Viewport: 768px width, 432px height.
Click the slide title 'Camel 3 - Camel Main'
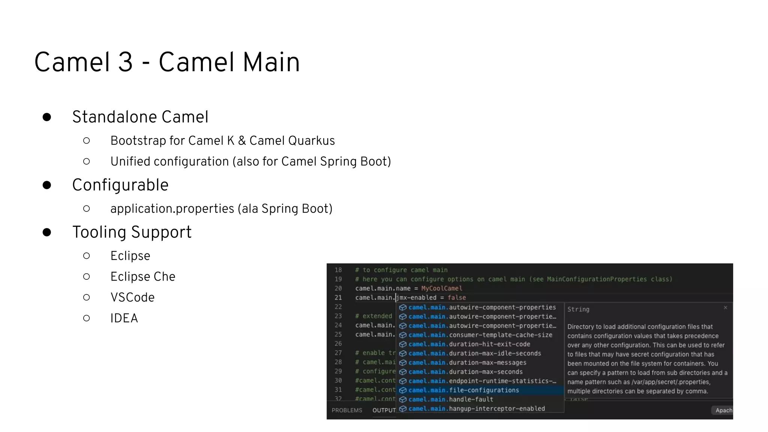(167, 62)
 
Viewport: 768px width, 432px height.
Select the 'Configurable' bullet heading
(120, 185)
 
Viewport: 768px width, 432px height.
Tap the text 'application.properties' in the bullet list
(172, 208)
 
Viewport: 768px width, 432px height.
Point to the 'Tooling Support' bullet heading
(132, 232)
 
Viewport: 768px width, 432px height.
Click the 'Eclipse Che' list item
(142, 277)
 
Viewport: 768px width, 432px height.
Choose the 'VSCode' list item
(132, 297)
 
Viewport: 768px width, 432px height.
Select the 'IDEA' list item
(124, 318)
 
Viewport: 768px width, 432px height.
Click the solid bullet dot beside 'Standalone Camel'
(47, 117)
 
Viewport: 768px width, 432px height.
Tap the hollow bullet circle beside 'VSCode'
(87, 297)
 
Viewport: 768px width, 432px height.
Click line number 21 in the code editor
(338, 298)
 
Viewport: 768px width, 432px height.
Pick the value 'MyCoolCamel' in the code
(441, 288)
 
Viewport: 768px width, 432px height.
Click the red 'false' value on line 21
(456, 298)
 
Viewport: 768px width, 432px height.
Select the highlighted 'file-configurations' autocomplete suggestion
(484, 390)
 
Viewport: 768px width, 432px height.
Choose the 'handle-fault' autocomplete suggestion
(471, 399)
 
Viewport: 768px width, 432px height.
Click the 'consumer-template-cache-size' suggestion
(500, 335)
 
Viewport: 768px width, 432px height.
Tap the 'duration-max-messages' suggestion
(487, 363)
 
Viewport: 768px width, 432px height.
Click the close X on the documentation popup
(725, 307)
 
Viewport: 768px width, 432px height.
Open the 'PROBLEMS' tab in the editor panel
(347, 410)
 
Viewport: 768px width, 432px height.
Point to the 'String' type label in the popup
(578, 309)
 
